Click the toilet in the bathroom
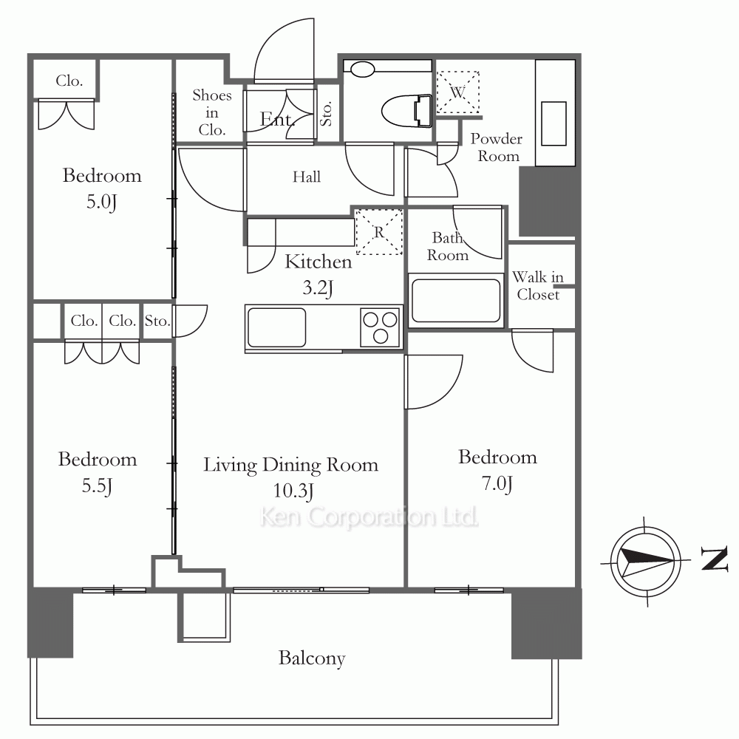[x=406, y=112]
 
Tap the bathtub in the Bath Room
[x=456, y=301]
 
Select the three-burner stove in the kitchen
[x=380, y=327]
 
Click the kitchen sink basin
[x=276, y=327]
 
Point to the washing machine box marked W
[x=457, y=92]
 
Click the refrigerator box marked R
[x=379, y=232]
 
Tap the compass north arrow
[x=647, y=562]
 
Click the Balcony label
[x=312, y=658]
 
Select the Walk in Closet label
[x=538, y=285]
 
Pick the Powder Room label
[x=497, y=147]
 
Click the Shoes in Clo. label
[x=211, y=112]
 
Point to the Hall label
[x=307, y=177]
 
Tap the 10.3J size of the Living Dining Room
[x=293, y=491]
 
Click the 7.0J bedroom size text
[x=497, y=484]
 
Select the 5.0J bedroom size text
[x=101, y=202]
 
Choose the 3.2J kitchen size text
[x=317, y=287]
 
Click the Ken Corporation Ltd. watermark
[x=369, y=517]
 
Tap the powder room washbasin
[x=554, y=123]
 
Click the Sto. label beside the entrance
[x=327, y=114]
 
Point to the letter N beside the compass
[x=715, y=559]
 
